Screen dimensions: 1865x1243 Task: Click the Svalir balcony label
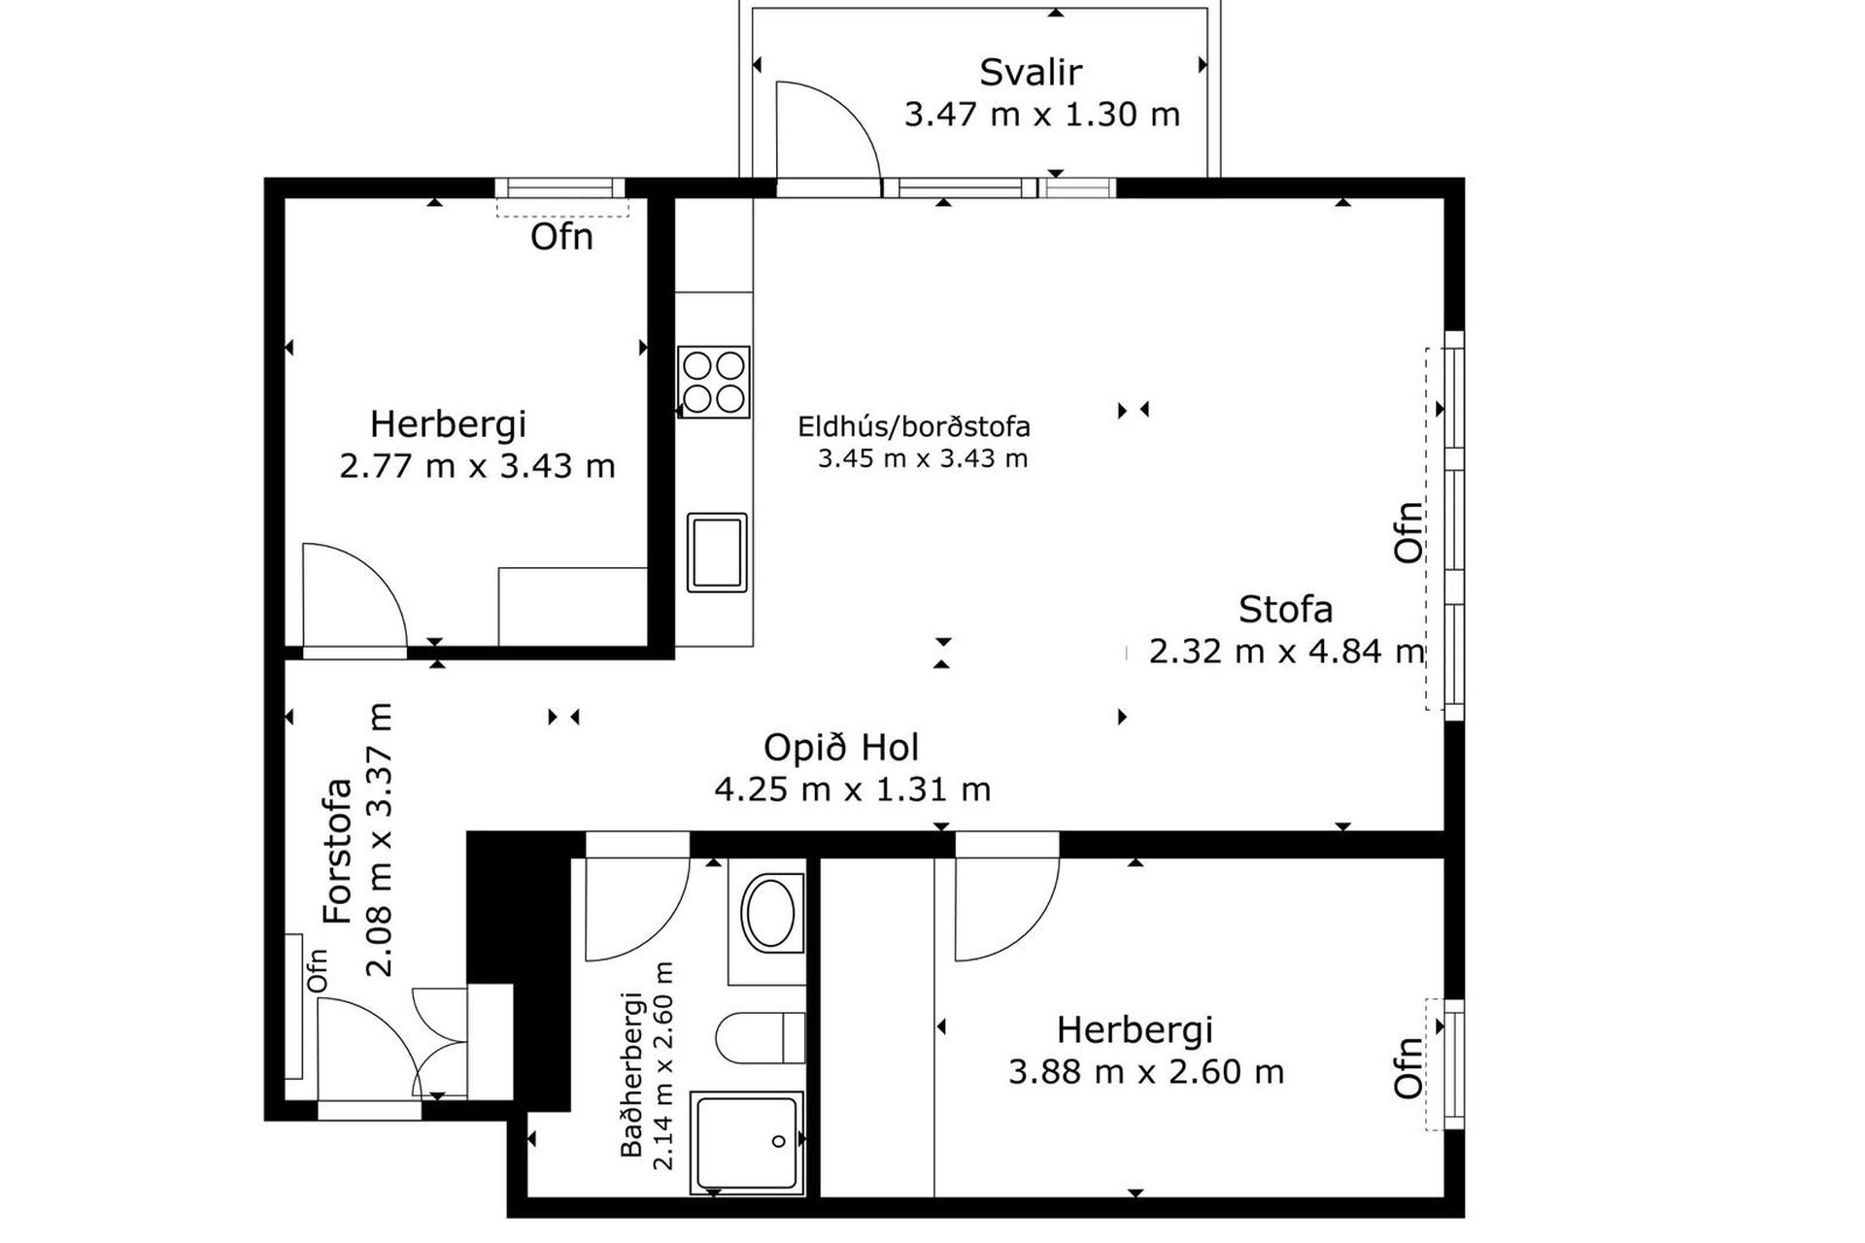[x=1030, y=72]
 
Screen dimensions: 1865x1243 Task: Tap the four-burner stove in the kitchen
[x=714, y=382]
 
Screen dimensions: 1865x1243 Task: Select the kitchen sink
[x=717, y=553]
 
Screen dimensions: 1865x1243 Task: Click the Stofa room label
[x=1285, y=609]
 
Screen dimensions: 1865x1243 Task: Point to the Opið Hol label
[x=841, y=747]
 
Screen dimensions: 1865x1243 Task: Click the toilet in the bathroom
[x=761, y=1037]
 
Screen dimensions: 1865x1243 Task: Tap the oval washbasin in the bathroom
[x=770, y=913]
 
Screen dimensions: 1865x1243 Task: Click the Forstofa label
[x=336, y=851]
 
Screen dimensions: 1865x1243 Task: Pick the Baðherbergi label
[x=631, y=1074]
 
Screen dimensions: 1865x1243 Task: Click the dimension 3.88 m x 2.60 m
[x=1146, y=1072]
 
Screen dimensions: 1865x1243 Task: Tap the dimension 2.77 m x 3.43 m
[x=477, y=466]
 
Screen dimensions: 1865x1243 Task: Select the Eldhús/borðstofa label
[x=914, y=426]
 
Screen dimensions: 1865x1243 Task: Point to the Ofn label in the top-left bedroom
[x=561, y=237]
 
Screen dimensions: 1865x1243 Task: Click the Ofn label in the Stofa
[x=1407, y=532]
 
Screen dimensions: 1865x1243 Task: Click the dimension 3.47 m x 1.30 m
[x=1042, y=115]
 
